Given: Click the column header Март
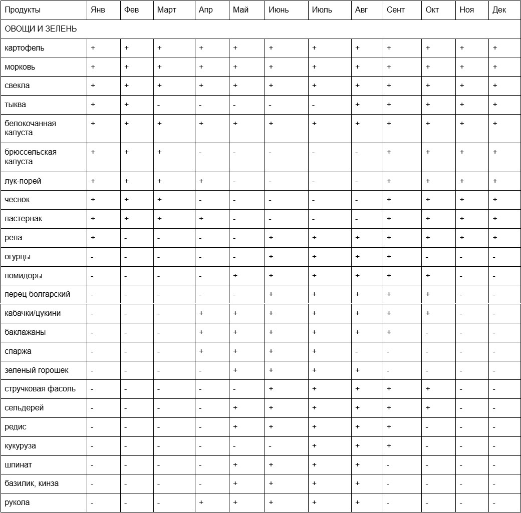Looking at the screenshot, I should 166,10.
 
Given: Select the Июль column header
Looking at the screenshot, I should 322,10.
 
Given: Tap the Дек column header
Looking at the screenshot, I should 499,10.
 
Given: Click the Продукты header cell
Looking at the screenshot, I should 23,10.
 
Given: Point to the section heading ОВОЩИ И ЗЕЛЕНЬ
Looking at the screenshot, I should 41,29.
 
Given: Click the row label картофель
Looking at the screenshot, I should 24,48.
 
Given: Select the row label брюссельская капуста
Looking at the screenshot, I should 31,157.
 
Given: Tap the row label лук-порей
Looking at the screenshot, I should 23,181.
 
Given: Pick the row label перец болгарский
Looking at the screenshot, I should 37,294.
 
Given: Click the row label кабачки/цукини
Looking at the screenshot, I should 33,313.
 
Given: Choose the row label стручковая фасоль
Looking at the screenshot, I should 40,389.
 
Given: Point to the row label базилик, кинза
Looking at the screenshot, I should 32,483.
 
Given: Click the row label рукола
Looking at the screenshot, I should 17,502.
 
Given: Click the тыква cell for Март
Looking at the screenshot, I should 159,105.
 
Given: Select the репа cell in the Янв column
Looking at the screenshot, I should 93,238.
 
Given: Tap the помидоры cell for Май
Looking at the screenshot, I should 235,276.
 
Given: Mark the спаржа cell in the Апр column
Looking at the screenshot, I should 201,351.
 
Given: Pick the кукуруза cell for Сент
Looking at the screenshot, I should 389,446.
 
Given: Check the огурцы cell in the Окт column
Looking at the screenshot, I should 428,257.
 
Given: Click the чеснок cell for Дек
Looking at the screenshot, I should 495,200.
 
